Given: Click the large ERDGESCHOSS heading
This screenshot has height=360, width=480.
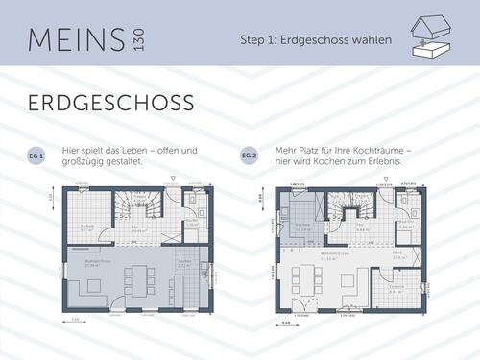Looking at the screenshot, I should coord(109,102).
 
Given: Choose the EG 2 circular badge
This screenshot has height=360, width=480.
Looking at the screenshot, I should coord(250,154).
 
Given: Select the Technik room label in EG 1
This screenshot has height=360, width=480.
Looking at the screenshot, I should coord(85,227).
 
